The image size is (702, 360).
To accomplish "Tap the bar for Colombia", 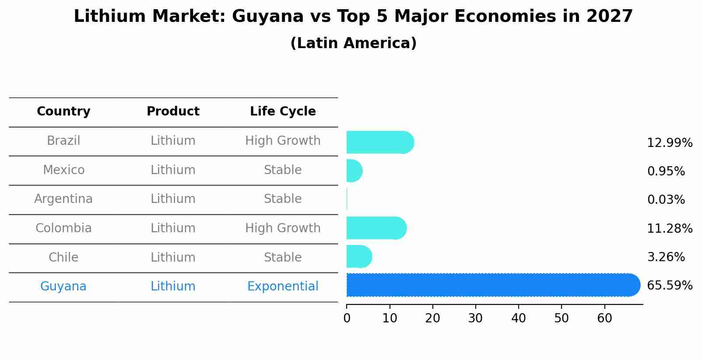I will (x=376, y=228).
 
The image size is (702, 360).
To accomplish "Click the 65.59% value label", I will (x=670, y=286).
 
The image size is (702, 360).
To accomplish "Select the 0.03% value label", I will (x=666, y=200).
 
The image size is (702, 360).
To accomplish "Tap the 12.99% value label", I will (x=670, y=143).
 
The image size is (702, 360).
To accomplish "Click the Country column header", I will (x=63, y=112).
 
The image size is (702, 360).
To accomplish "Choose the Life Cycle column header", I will (x=283, y=112).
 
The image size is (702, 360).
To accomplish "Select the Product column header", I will (x=173, y=112).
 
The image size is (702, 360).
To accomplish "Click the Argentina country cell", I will (x=63, y=199).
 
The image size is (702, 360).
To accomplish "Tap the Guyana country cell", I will (x=63, y=287).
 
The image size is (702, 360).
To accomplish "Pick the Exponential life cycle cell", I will (x=283, y=287).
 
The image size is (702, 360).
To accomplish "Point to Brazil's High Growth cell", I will (x=283, y=141).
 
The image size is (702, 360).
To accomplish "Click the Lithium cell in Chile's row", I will (x=173, y=257).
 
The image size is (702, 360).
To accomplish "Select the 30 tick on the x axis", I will (x=475, y=318).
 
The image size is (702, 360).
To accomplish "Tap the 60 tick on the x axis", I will (x=604, y=318).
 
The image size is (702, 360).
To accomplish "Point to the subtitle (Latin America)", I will (x=353, y=43).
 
